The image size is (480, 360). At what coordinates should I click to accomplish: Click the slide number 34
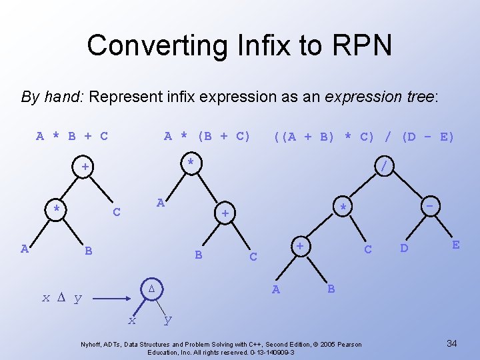451,343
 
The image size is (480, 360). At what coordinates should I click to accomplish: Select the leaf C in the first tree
117,213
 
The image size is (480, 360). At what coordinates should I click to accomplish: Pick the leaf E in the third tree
455,245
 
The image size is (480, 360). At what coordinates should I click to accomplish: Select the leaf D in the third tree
404,249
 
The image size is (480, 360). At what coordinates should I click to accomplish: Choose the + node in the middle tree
225,213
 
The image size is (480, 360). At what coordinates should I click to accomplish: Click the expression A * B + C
72,137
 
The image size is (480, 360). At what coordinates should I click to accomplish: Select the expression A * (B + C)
207,137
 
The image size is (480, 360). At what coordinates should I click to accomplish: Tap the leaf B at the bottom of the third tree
331,289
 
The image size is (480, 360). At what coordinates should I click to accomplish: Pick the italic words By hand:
52,97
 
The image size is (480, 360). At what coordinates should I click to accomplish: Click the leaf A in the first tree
25,249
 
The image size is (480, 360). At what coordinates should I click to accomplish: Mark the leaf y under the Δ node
167,319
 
